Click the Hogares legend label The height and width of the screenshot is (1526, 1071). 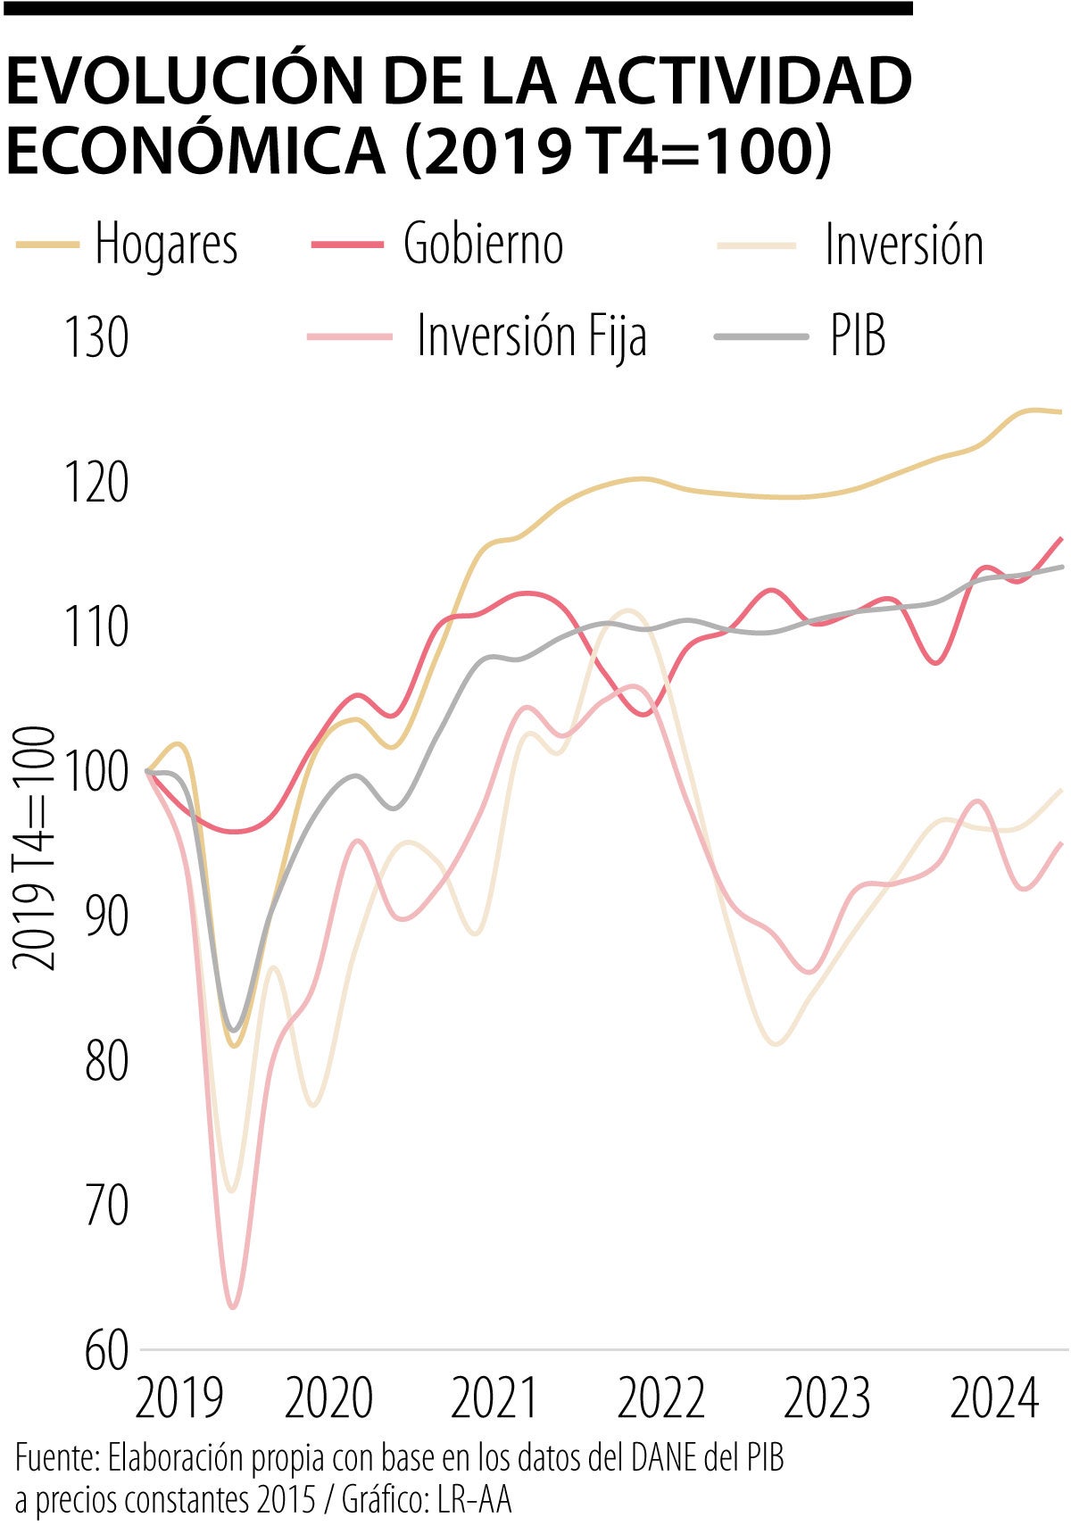(166, 244)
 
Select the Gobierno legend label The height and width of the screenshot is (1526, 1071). (483, 244)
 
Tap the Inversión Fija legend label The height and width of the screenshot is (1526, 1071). (532, 336)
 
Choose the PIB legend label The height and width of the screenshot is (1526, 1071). (858, 336)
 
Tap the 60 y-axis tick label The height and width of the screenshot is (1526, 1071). (107, 1351)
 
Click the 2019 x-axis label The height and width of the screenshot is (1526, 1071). (178, 1398)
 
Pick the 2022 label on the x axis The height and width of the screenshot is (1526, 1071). (661, 1398)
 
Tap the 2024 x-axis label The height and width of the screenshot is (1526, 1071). (994, 1398)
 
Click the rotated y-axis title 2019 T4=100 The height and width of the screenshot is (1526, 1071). (34, 847)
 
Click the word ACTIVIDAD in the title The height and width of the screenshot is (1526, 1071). (743, 82)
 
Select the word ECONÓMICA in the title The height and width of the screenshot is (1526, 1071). (195, 150)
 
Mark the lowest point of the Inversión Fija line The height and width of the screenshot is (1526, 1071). (233, 1307)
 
